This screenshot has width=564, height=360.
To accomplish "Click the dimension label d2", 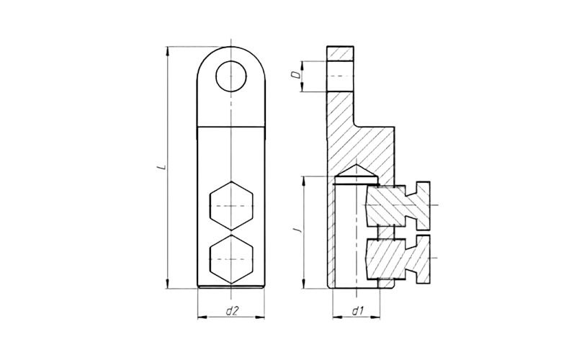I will pos(231,311).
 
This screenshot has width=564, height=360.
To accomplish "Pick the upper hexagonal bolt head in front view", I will pos(230,206).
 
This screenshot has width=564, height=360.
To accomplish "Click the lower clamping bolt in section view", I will pos(396,256).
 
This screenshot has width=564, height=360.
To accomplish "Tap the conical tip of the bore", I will pos(354,172).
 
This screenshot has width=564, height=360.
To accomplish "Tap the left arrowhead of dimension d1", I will pos(334,318).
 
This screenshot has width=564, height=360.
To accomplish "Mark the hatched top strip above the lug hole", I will pos(341,53).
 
